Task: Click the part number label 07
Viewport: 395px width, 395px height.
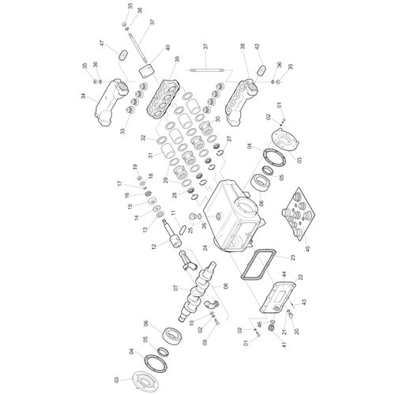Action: point(176,288)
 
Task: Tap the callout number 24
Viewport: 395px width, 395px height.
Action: point(205,247)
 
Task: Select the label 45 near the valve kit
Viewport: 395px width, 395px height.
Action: point(307,248)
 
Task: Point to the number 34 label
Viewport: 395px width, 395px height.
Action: point(84,96)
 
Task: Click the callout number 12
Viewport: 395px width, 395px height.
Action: point(154,246)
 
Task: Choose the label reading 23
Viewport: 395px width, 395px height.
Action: point(292,258)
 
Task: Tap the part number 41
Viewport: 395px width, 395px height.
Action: point(284,344)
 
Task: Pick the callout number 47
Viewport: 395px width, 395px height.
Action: point(102,43)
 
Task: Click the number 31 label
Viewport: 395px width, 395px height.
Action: point(151,155)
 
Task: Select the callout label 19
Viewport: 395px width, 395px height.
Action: point(135,167)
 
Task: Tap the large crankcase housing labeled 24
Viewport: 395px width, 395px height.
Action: point(235,218)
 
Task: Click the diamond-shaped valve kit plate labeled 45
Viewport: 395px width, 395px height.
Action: point(299,214)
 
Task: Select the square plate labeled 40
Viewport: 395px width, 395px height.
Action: point(145,70)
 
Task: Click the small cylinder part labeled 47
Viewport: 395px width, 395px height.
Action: point(122,55)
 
